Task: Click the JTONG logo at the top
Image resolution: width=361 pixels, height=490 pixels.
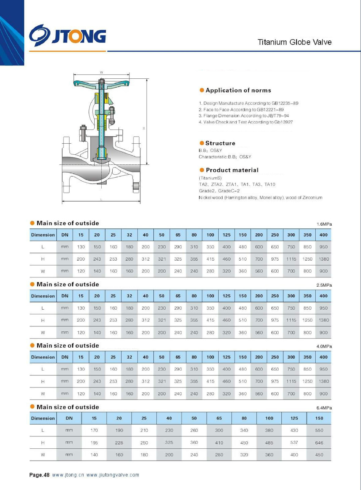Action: [68, 36]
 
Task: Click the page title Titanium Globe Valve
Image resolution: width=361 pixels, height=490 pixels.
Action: [294, 42]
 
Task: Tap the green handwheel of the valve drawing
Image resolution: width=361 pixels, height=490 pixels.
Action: [101, 83]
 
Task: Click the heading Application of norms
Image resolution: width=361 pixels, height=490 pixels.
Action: [238, 90]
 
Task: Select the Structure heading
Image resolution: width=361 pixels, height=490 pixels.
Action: [220, 143]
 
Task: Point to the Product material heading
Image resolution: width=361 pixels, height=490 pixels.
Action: [232, 170]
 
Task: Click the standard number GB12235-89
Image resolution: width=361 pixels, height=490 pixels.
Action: [285, 103]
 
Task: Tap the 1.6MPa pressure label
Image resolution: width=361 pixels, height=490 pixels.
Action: [324, 224]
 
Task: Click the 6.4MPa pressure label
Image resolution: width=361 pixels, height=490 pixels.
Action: [324, 408]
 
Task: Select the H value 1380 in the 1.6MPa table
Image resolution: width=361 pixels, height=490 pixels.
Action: [324, 259]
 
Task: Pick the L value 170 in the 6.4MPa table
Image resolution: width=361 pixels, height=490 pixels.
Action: [94, 430]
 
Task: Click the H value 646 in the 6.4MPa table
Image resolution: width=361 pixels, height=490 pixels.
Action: [319, 443]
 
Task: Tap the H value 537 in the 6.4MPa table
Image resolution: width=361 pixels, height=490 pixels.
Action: [294, 443]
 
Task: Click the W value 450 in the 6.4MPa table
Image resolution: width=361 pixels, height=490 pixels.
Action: [319, 455]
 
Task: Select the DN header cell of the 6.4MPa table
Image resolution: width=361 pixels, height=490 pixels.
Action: [69, 418]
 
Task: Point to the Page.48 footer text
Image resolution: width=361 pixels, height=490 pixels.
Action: [39, 475]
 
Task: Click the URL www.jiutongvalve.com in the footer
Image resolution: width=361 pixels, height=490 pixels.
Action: [113, 475]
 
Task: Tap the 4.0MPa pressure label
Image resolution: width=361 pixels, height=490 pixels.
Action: [324, 346]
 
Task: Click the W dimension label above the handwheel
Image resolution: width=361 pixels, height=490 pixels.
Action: [101, 73]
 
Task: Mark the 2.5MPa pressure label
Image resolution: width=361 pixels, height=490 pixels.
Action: [324, 285]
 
